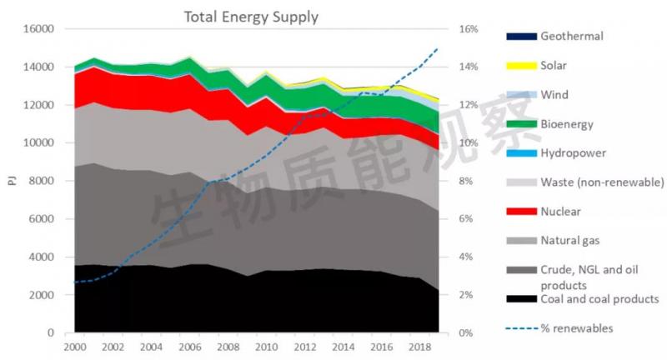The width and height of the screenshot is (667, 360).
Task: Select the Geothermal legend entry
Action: click(x=571, y=36)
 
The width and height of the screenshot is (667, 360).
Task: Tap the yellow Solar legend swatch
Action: click(x=521, y=65)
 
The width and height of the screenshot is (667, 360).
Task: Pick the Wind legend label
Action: click(x=555, y=95)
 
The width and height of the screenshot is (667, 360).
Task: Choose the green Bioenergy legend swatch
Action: click(x=521, y=124)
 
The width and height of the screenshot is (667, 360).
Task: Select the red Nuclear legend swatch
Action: click(x=521, y=212)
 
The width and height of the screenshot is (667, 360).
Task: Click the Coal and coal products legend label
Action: click(x=599, y=298)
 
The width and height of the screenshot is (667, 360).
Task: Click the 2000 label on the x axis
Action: click(x=74, y=347)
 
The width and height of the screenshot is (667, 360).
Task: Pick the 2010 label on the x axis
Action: click(x=265, y=347)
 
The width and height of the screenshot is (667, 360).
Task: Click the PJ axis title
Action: click(x=10, y=181)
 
